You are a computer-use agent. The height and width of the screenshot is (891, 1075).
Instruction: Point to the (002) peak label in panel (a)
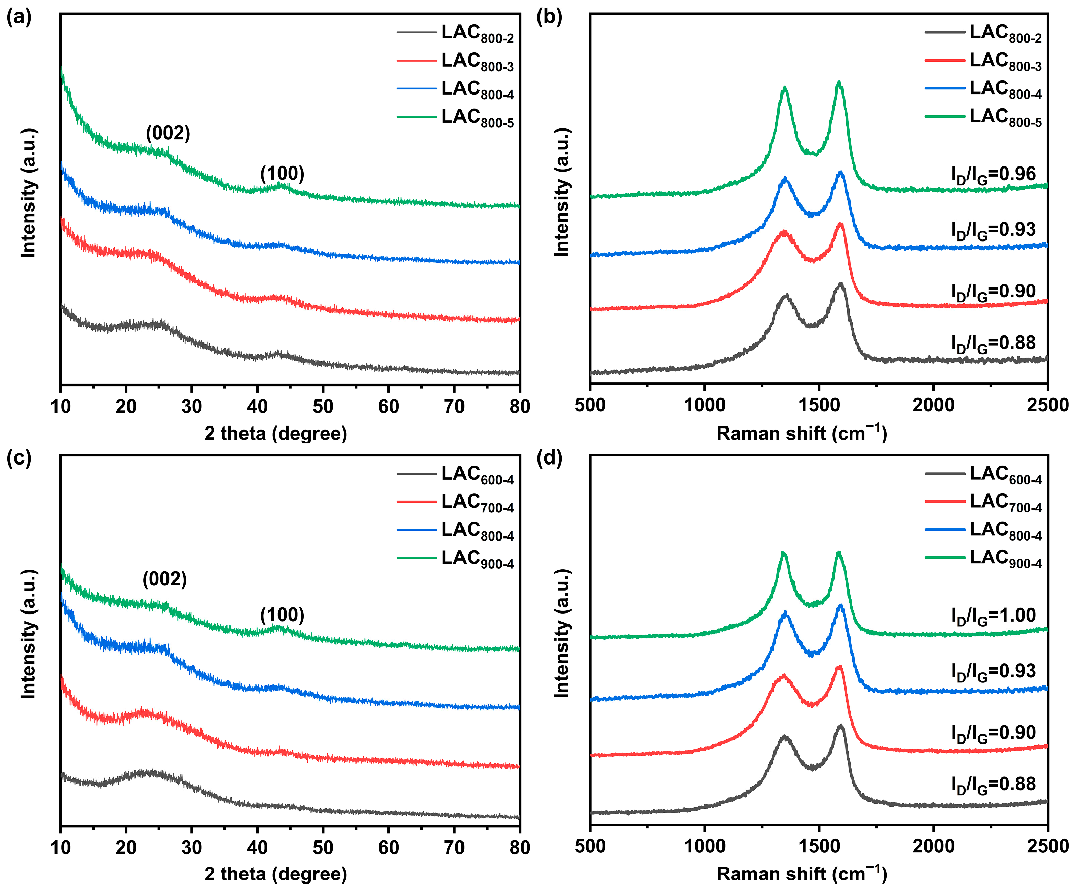(x=168, y=133)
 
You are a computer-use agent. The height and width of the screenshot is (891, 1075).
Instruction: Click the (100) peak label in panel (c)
(x=282, y=615)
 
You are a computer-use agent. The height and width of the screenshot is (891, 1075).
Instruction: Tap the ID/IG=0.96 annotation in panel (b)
(x=993, y=175)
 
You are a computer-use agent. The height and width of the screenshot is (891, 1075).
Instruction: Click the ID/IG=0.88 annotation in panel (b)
(x=993, y=344)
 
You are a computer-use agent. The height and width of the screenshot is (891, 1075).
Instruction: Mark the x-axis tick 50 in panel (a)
(x=323, y=406)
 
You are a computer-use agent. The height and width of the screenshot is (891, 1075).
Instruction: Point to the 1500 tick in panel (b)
(x=819, y=405)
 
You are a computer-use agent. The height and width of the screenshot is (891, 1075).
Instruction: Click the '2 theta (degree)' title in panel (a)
(x=275, y=434)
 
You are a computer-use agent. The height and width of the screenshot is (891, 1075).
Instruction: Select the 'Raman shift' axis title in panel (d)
(x=801, y=874)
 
